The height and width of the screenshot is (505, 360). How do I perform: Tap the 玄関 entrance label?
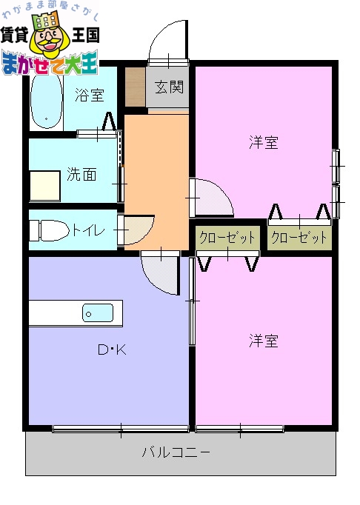[169, 88]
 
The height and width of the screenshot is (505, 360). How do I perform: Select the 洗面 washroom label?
[81, 175]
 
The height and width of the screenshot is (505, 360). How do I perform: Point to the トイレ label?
[89, 230]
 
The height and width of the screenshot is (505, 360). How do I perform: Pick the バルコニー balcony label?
[176, 452]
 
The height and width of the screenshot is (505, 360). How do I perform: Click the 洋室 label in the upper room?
[263, 142]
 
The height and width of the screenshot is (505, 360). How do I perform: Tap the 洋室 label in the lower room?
[263, 341]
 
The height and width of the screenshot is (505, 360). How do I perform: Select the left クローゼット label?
[227, 238]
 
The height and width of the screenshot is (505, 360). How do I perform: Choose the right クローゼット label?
[299, 238]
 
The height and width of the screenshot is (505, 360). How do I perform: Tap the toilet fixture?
[46, 230]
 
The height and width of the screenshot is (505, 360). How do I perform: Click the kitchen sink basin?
[97, 312]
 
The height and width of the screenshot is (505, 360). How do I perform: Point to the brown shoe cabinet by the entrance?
[135, 87]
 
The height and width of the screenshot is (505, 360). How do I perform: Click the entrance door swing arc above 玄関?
[167, 46]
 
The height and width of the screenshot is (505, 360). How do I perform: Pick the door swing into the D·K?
[160, 275]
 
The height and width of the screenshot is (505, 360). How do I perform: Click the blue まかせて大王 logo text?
[50, 64]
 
